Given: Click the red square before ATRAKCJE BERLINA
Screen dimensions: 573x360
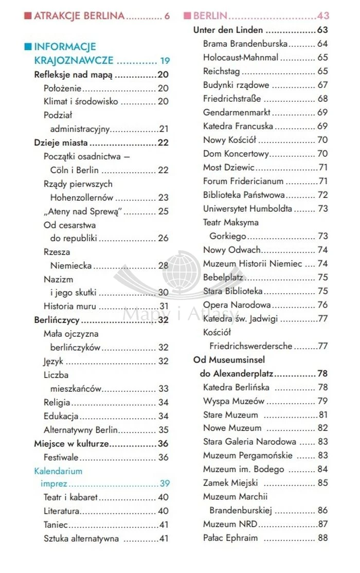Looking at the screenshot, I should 28,16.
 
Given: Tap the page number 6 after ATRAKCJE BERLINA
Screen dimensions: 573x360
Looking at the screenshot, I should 167,16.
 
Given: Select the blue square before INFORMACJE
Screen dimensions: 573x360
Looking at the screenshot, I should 28,47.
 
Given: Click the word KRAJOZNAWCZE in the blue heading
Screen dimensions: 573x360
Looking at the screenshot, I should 74,61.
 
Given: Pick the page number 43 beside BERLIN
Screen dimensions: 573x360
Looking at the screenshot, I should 323,16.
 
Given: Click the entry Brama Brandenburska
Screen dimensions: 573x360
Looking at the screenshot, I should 245,44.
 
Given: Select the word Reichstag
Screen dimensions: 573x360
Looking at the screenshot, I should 221,71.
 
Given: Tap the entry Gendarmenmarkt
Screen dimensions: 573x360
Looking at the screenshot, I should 237,112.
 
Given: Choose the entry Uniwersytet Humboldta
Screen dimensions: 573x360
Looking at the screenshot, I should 247,208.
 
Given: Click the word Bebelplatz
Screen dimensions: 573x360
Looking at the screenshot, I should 223,277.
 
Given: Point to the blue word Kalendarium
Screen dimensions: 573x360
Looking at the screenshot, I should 58,471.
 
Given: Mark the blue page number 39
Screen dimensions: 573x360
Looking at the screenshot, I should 164,484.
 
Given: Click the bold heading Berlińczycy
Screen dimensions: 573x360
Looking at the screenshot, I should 57,320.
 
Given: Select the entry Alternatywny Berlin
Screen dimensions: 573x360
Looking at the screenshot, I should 81,429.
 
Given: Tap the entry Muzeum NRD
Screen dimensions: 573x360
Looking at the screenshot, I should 230,524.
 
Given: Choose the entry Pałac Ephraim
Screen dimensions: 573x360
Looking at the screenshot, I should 230,538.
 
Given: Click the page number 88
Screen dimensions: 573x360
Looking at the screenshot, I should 322,538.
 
